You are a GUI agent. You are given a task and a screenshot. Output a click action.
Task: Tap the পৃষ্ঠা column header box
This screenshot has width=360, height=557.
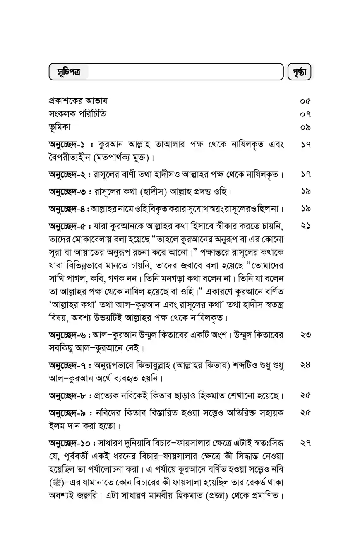[299, 72]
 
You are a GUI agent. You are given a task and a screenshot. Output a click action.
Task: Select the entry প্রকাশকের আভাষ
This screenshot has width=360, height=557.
[78, 101]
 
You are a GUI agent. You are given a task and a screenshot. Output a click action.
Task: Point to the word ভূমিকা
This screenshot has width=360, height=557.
[59, 127]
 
